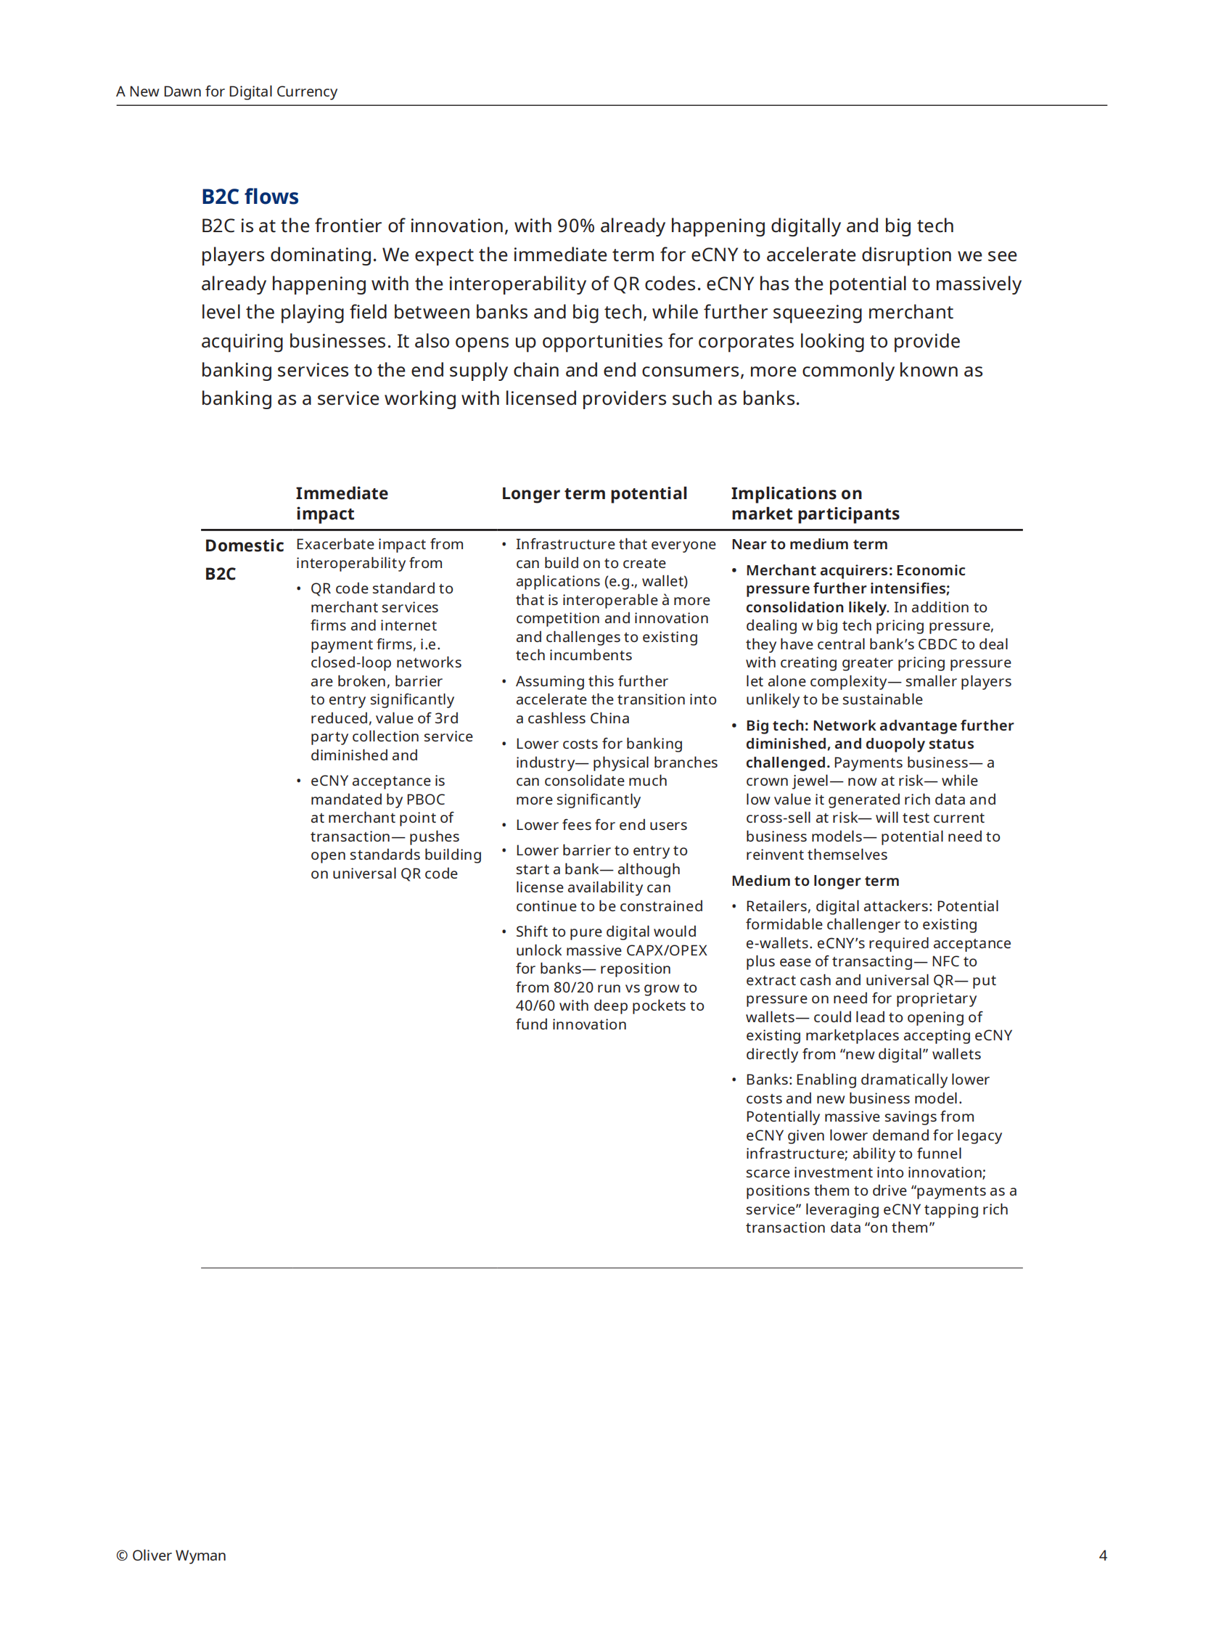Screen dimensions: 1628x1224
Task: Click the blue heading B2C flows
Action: point(250,197)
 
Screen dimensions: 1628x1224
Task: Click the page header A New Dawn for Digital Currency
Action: point(226,91)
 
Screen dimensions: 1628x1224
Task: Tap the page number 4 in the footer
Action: point(1103,1555)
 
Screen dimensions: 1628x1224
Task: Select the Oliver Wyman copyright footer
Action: point(171,1555)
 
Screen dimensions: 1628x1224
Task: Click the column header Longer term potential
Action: point(594,493)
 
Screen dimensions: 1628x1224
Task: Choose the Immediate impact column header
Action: point(342,503)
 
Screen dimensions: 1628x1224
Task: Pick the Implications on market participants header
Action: point(815,503)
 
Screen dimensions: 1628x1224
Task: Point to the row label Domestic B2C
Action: point(244,559)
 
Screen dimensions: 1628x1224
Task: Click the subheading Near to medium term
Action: point(809,544)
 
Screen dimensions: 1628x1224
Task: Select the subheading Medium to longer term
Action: point(815,880)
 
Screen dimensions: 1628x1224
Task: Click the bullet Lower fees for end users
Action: point(601,824)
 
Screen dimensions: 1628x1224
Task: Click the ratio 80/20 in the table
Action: point(573,987)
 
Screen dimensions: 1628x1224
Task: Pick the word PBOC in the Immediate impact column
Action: point(425,799)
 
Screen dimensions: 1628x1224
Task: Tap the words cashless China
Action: point(578,718)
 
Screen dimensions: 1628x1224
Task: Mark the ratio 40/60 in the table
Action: point(535,1006)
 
